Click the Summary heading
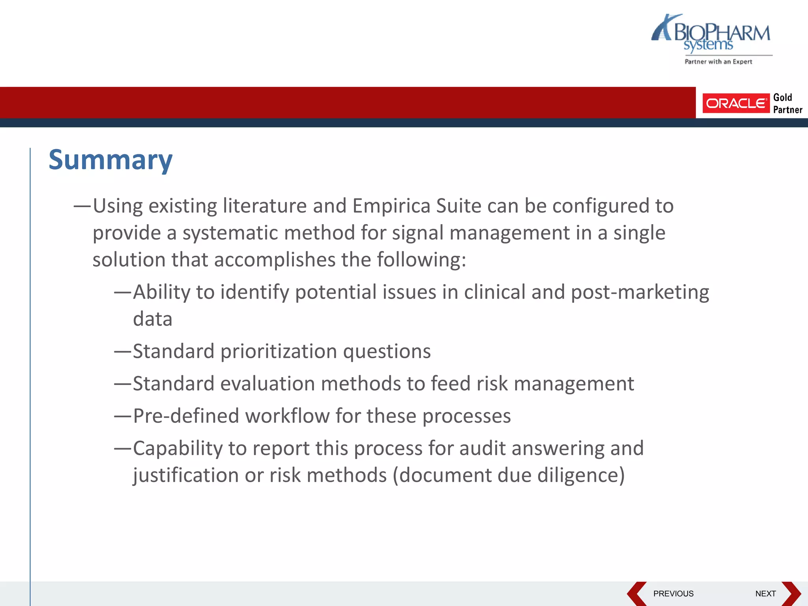tap(110, 160)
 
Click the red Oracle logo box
tap(736, 103)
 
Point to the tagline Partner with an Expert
tap(718, 62)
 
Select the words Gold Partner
tap(787, 103)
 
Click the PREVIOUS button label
tap(673, 594)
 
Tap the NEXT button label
tap(765, 594)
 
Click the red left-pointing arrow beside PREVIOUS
tap(636, 594)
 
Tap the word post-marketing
tap(640, 292)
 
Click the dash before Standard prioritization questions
tap(122, 352)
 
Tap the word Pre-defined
tap(186, 416)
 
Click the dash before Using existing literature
tap(82, 206)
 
